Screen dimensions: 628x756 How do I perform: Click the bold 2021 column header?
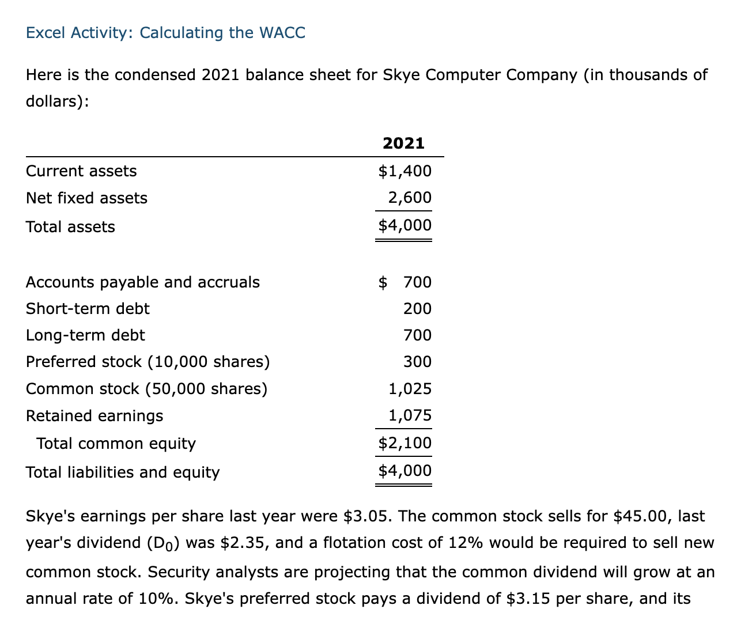(x=403, y=143)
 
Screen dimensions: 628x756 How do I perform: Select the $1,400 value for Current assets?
(x=405, y=171)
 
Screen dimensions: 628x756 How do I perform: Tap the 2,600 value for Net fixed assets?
(x=409, y=198)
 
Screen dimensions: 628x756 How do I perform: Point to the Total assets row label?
(x=70, y=227)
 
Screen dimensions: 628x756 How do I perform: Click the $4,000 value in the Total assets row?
(x=405, y=225)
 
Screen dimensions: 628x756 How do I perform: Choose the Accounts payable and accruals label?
(x=143, y=282)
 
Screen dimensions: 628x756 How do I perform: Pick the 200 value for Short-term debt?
(x=417, y=309)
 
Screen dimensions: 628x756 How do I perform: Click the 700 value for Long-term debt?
(x=417, y=335)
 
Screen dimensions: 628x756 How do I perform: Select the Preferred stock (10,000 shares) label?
(x=148, y=362)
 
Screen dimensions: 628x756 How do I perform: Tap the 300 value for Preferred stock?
(x=417, y=362)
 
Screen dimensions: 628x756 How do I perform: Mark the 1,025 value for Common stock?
(x=410, y=389)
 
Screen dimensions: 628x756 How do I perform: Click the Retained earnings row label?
(x=94, y=416)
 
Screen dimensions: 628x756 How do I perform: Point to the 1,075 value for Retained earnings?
(x=410, y=415)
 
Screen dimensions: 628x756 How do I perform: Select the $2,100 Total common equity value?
(x=405, y=443)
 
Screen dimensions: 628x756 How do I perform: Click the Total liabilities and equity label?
(x=123, y=472)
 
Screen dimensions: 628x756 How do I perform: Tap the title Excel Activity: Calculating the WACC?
(x=166, y=33)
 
